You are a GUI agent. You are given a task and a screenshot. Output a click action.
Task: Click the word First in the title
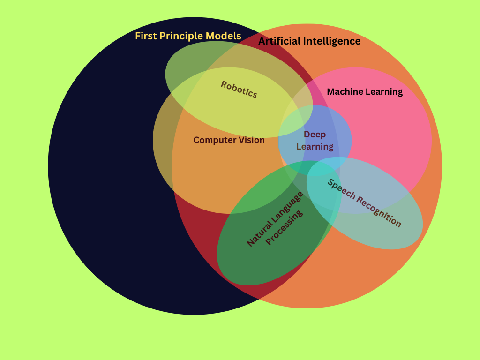145,36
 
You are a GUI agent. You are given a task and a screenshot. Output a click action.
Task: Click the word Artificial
279,41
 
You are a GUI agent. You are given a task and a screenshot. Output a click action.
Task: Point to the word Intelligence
332,41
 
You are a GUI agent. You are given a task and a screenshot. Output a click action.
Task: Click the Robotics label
239,89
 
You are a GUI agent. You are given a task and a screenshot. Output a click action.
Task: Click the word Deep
315,135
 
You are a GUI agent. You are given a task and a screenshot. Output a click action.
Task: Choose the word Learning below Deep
315,147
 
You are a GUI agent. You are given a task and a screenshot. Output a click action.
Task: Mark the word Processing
285,227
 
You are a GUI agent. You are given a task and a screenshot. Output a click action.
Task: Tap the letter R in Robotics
224,84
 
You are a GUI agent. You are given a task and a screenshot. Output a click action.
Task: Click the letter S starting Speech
330,182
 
